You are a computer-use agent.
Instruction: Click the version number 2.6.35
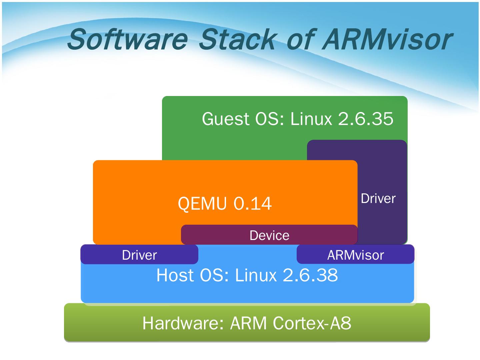366,119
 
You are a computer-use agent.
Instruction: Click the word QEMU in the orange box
202,203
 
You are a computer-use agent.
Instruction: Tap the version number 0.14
252,203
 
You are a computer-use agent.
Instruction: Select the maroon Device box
269,235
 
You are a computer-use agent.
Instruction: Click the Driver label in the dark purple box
378,199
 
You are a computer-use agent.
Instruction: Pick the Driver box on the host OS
139,255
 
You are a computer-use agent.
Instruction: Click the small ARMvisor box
355,255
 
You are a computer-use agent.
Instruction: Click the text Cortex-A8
312,323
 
